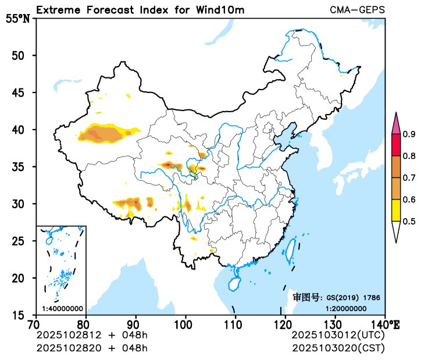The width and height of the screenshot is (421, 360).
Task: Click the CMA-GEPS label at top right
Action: [x=357, y=10]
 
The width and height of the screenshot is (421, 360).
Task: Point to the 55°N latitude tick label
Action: [x=17, y=19]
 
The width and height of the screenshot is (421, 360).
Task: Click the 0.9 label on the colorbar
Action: [x=409, y=135]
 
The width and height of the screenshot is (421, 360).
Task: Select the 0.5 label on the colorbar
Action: [x=409, y=221]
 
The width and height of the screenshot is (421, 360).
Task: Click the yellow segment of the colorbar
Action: [x=396, y=210]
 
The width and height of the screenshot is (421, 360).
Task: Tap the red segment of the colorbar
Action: [x=396, y=145]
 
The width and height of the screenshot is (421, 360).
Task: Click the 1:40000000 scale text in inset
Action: [x=62, y=308]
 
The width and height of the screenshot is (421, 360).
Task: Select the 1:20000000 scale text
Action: [x=345, y=308]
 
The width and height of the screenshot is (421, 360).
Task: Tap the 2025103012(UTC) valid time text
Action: [x=337, y=336]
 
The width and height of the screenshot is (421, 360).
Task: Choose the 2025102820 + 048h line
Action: [x=92, y=348]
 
